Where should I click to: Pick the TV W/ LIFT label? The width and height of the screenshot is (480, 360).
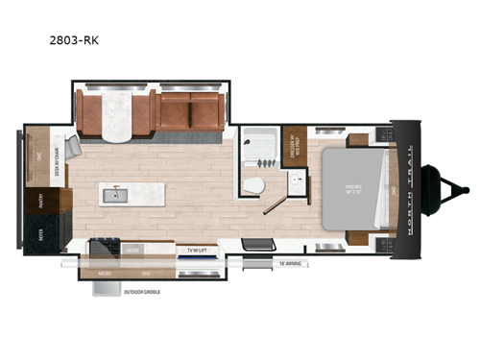click(x=199, y=251)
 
